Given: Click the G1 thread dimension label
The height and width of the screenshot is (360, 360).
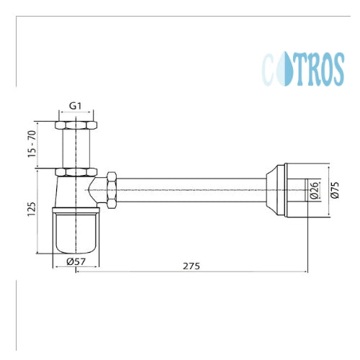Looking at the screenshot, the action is pos(76,106).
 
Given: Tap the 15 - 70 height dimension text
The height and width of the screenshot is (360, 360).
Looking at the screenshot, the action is pos(32,144).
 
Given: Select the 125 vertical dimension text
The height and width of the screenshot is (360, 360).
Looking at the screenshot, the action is pos(32,210).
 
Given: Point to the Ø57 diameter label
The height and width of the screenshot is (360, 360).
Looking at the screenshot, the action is pos(76,261).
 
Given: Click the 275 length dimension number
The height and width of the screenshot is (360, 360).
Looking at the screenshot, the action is pos(192,266).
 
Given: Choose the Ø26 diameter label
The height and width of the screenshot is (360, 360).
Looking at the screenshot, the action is pos(315,190).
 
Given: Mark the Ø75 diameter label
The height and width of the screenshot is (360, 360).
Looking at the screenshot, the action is pos(335,190).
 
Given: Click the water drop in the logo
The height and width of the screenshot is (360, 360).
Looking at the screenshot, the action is pos(284,69).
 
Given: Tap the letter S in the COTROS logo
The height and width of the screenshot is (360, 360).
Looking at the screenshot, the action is pos(337,70).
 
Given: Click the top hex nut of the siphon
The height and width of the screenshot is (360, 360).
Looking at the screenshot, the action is pos(76,125).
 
